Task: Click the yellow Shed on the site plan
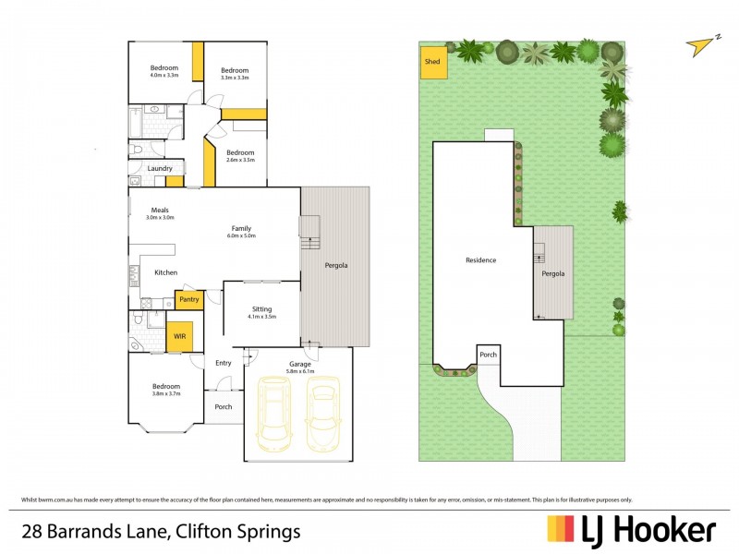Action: (x=432, y=62)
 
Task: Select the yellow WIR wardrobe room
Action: (x=179, y=337)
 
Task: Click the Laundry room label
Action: (x=160, y=168)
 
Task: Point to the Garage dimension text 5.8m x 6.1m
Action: (x=299, y=372)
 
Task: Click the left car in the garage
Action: (x=274, y=415)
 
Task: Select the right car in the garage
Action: (x=322, y=415)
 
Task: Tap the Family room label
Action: (x=241, y=228)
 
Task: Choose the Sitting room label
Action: (x=262, y=309)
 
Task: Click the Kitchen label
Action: (x=165, y=272)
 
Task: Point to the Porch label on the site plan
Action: (x=488, y=355)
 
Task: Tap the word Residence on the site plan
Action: (x=480, y=260)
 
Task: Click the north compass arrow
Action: (x=704, y=43)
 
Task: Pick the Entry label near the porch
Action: (x=224, y=363)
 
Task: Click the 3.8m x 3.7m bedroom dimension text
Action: (x=166, y=394)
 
